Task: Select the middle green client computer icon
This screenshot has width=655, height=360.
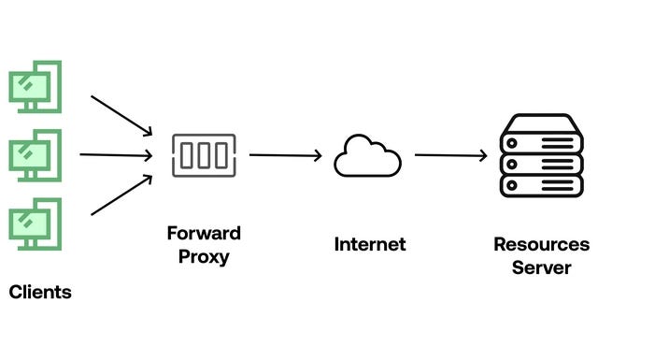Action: pyautogui.click(x=35, y=153)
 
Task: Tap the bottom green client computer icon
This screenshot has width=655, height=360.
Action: pyautogui.click(x=35, y=223)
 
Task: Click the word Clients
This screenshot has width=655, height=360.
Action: pyautogui.click(x=40, y=292)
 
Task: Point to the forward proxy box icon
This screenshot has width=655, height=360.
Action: pyautogui.click(x=204, y=155)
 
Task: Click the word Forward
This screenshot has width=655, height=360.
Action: pyautogui.click(x=204, y=233)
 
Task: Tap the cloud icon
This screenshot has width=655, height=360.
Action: pyautogui.click(x=367, y=156)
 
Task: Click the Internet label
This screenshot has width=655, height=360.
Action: pyautogui.click(x=370, y=245)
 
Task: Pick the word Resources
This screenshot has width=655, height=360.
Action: pyautogui.click(x=542, y=245)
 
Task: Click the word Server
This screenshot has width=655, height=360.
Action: pyautogui.click(x=542, y=268)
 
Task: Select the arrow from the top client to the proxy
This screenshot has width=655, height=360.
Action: pyautogui.click(x=121, y=114)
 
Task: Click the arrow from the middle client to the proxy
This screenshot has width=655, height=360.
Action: pyautogui.click(x=116, y=154)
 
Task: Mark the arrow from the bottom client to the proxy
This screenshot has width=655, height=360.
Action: pyautogui.click(x=121, y=195)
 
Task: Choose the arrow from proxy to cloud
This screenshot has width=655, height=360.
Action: pyautogui.click(x=285, y=156)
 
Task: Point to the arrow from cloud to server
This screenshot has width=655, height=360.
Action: pyautogui.click(x=450, y=156)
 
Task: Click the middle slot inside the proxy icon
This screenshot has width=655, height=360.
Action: pyautogui.click(x=204, y=155)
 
